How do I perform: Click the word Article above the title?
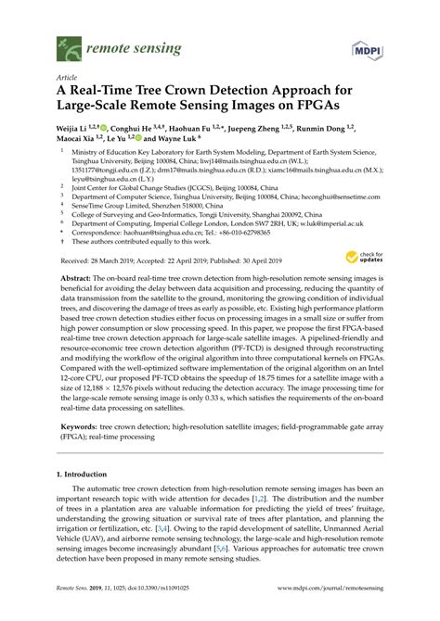point(67,79)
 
